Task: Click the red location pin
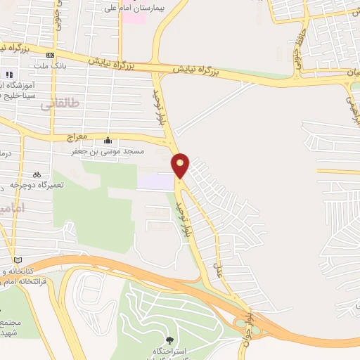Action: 181,165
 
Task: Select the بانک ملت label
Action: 48,67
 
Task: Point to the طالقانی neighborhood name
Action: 60,103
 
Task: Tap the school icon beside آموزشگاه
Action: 9,75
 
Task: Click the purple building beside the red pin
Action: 155,181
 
